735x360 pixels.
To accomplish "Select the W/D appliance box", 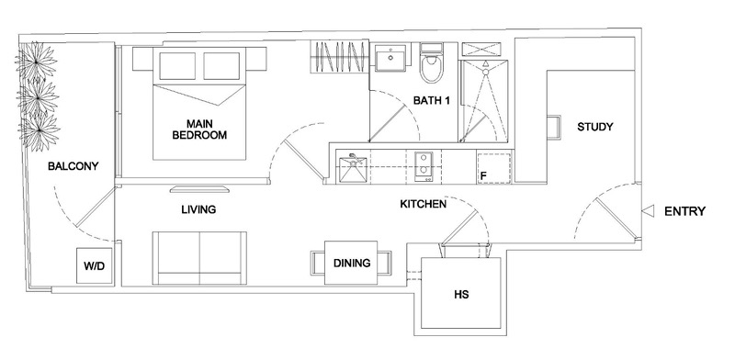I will (93, 266).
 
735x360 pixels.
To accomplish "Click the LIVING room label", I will (198, 210).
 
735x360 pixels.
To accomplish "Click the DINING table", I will (351, 264).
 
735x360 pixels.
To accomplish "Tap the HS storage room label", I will (461, 296).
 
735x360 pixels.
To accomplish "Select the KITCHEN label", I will (423, 204).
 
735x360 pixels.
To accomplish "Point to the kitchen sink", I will (353, 168).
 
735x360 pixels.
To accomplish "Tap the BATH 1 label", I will (430, 101).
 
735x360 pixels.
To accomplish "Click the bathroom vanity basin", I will (389, 59).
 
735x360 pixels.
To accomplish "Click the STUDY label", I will (594, 127).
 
